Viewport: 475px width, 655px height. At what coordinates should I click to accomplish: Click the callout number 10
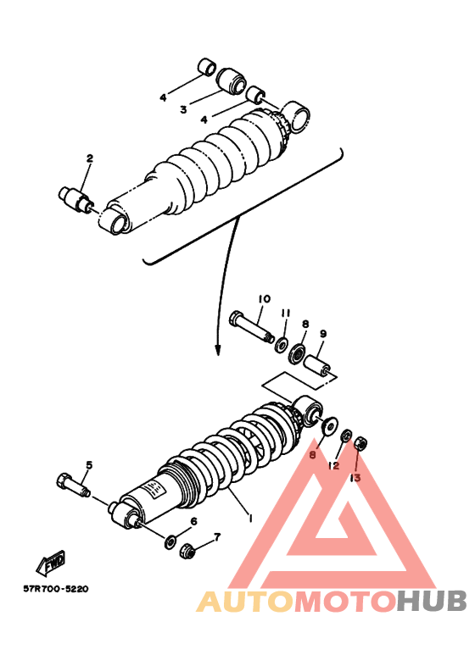point(265,298)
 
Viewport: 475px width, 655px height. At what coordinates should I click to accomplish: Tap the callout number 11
point(286,314)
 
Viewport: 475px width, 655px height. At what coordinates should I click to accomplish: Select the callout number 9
point(323,333)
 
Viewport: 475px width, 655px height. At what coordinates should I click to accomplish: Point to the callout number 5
point(89,465)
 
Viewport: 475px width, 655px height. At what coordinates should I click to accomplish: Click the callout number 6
point(193,521)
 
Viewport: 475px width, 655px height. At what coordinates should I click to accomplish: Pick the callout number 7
point(217,536)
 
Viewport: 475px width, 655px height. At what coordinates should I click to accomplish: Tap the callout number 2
point(89,158)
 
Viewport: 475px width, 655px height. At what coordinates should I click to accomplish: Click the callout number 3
point(183,110)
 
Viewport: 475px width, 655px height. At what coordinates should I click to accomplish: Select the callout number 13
point(355,478)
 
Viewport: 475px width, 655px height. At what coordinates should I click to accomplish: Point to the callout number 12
point(333,466)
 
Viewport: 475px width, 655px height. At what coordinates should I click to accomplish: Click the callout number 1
point(250,518)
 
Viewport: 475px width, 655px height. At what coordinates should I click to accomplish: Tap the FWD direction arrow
point(51,563)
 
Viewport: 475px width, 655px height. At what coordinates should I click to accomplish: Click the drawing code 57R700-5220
point(56,589)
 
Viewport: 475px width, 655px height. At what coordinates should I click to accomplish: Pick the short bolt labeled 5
point(73,486)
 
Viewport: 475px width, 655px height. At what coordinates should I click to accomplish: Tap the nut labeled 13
point(360,444)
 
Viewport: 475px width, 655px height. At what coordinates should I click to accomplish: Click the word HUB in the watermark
point(432,601)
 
